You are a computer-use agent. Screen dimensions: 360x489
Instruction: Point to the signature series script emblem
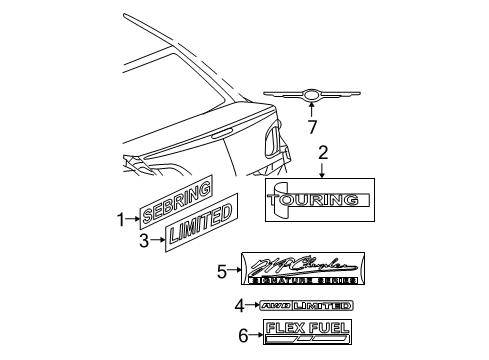(304, 269)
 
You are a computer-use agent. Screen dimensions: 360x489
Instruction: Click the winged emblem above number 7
(313, 95)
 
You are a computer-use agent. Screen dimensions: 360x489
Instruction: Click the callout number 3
(144, 240)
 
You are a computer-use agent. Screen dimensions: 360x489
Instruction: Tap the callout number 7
(312, 128)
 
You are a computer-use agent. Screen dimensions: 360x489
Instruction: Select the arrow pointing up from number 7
(312, 111)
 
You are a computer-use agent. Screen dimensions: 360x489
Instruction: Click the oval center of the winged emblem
(313, 96)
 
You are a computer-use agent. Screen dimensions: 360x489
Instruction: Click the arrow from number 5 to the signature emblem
(238, 269)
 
